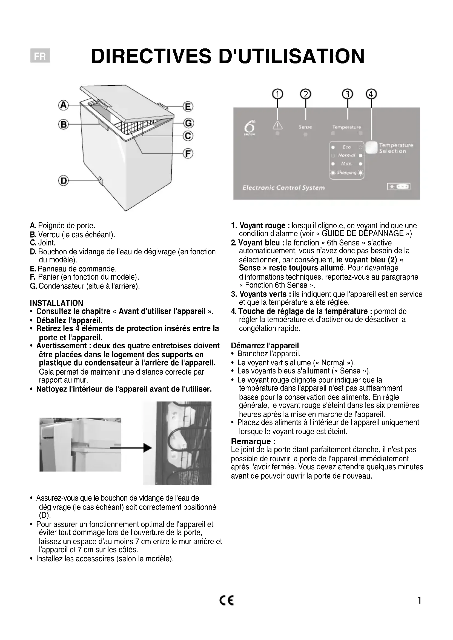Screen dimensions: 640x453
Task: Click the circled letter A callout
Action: [63, 105]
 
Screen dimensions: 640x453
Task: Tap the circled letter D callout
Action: [63, 181]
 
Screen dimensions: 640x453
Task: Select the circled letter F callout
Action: [188, 153]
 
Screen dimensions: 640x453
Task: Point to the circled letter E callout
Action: [188, 106]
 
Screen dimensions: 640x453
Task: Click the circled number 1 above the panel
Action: [277, 94]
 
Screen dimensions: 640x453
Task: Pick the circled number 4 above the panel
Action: [371, 94]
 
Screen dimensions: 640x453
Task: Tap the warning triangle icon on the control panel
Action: [277, 126]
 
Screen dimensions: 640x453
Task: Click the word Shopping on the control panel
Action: [346, 173]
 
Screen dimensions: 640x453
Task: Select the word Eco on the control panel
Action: [346, 147]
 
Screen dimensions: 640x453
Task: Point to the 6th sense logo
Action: [248, 128]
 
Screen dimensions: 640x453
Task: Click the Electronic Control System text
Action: [283, 188]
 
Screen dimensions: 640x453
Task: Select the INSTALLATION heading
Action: [56, 303]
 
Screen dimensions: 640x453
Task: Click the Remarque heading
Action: [253, 441]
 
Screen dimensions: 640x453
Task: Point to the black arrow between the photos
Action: [131, 448]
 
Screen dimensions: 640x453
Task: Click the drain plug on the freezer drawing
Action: [101, 180]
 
